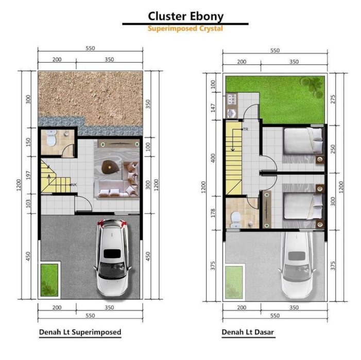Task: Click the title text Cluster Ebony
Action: pos(185,16)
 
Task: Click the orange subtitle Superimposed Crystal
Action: pos(185,28)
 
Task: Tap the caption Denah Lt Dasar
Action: pos(248,332)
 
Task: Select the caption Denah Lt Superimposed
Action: pos(80,332)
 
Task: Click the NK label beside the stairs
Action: pos(74,185)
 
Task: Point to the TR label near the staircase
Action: pos(246,130)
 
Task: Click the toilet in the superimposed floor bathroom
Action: pos(51,138)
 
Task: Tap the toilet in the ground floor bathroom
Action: pos(235,220)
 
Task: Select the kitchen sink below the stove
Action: pos(231,113)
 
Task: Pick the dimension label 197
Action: pos(28,175)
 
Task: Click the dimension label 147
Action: pos(213,108)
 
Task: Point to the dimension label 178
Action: pos(213,213)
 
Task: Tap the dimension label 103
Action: pos(28,204)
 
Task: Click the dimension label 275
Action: pos(333,99)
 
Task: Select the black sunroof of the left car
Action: pos(112,254)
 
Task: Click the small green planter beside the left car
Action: pos(49,280)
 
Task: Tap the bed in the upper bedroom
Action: pos(303,141)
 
